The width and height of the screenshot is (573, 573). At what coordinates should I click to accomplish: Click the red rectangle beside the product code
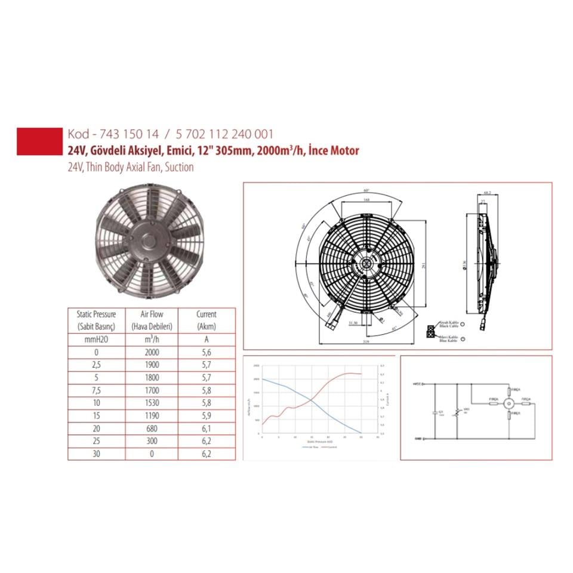coord(38,141)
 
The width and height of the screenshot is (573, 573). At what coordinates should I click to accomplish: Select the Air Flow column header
coord(152,319)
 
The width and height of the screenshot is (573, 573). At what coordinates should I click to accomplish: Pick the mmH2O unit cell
coord(96,340)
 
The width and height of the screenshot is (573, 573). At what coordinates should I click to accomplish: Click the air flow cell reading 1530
coord(152,403)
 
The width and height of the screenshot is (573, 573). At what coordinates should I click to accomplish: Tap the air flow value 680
coord(152,429)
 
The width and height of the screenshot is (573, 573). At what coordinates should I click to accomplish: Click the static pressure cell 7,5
coord(96,390)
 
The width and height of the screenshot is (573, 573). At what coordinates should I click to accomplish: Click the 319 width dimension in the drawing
coord(366,342)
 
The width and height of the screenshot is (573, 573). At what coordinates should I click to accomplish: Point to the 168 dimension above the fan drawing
coord(366,201)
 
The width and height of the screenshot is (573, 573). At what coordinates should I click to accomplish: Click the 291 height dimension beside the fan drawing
coord(424,267)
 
